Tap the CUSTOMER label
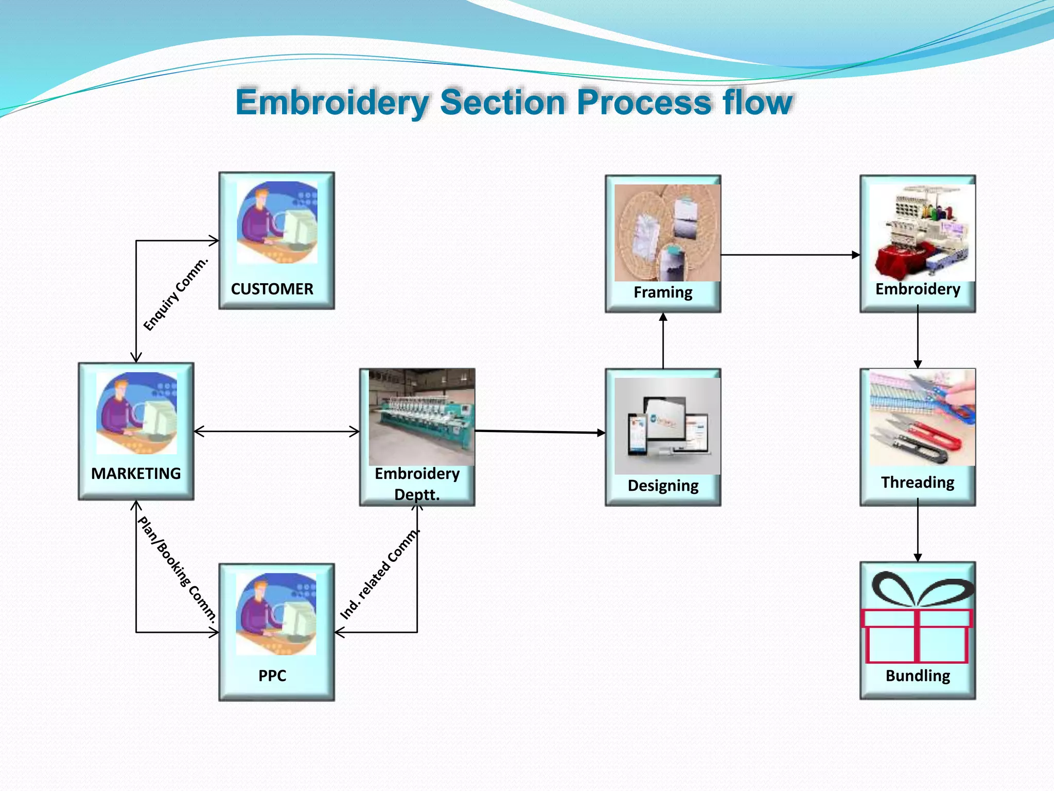coord(272,289)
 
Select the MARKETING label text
coord(136,473)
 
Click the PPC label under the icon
coord(272,676)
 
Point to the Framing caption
coord(663,293)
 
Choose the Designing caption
coord(663,486)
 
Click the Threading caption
coord(917,483)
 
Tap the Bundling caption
coord(917,676)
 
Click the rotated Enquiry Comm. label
coord(175,295)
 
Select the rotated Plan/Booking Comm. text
coord(177,570)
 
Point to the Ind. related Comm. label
coord(380,574)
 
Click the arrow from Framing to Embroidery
coord(789,255)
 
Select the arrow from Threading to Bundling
coord(917,533)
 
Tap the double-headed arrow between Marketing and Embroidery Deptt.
coord(276,432)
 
